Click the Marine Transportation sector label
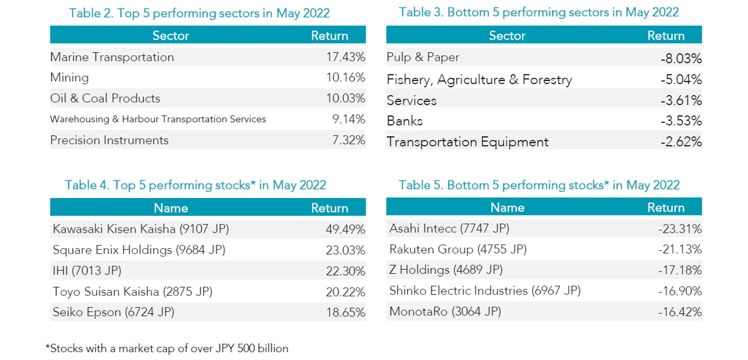[x=112, y=57]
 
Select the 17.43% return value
[x=345, y=57]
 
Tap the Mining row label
[x=70, y=78]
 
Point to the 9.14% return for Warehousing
[x=348, y=119]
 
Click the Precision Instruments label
[x=109, y=140]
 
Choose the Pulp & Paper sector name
[x=423, y=57]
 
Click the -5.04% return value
[x=681, y=79]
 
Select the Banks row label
[x=405, y=121]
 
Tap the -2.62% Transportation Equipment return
[x=681, y=142]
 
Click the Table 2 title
[x=199, y=13]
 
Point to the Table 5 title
[x=539, y=185]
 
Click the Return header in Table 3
[x=665, y=36]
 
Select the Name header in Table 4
[x=171, y=208]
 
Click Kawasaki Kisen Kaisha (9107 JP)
[x=141, y=229]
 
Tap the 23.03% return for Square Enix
[x=345, y=250]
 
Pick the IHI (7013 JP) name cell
[x=87, y=271]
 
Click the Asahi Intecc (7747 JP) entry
[x=449, y=228]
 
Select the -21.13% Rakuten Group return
[x=680, y=249]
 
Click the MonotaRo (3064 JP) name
[x=445, y=312]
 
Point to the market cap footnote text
[x=167, y=348]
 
